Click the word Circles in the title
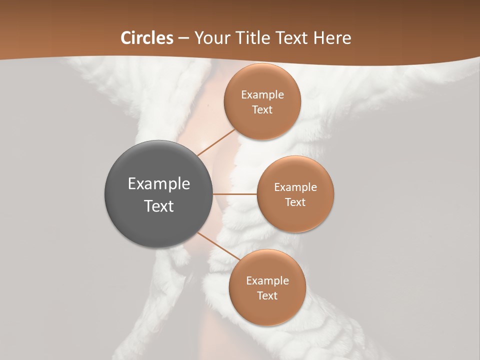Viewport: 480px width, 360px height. click(x=147, y=38)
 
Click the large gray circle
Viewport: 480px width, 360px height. click(x=158, y=220)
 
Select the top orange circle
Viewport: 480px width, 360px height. click(x=262, y=122)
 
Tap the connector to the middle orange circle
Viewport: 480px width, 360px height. click(x=234, y=194)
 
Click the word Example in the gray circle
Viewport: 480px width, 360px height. click(x=159, y=184)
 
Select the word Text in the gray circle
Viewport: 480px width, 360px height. click(x=159, y=206)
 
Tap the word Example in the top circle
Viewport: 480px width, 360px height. click(x=262, y=95)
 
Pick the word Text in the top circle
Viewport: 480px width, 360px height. click(x=262, y=109)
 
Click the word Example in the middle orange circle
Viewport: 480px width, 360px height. click(x=295, y=187)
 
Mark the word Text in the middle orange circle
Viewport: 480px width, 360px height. click(x=295, y=202)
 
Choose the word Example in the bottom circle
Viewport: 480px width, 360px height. click(x=267, y=281)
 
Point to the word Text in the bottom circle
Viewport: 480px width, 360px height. click(x=267, y=295)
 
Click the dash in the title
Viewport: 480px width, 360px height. click(x=183, y=38)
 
